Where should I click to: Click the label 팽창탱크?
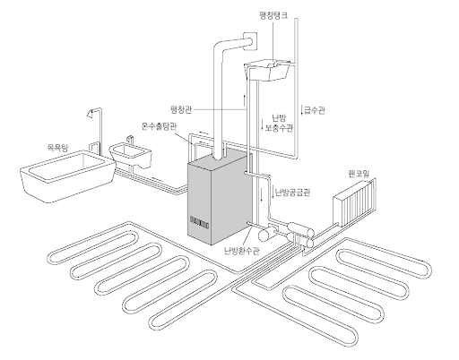click(x=273, y=15)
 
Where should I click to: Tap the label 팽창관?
click(x=180, y=109)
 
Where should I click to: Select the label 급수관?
click(x=315, y=110)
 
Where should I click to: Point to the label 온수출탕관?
click(x=159, y=126)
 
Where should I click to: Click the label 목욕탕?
click(x=58, y=148)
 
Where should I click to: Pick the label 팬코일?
click(x=359, y=174)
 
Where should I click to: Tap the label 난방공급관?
click(x=292, y=193)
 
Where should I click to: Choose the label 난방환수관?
click(x=242, y=251)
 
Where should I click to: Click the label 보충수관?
click(x=279, y=128)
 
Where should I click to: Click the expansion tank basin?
click(x=267, y=71)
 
